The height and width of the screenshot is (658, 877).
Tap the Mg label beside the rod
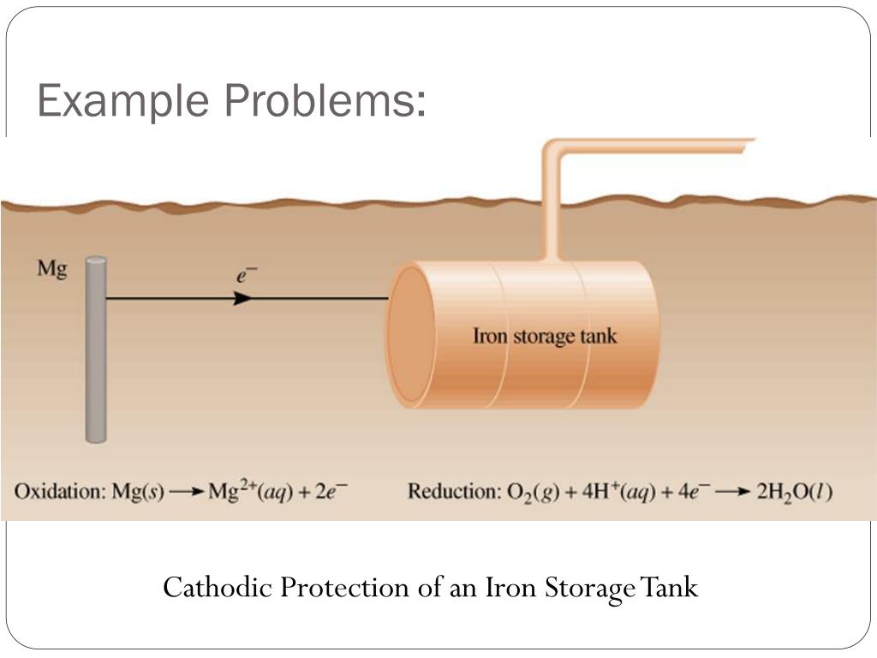point(51,268)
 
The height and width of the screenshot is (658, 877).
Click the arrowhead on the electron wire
point(243,298)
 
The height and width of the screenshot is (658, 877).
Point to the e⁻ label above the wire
point(247,275)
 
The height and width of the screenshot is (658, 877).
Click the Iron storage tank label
point(544,335)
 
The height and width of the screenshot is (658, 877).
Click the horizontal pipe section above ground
point(659,147)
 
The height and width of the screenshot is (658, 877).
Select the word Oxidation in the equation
point(57,492)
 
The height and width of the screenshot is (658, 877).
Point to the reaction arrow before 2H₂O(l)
point(733,492)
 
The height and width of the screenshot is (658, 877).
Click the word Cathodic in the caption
point(218,588)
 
